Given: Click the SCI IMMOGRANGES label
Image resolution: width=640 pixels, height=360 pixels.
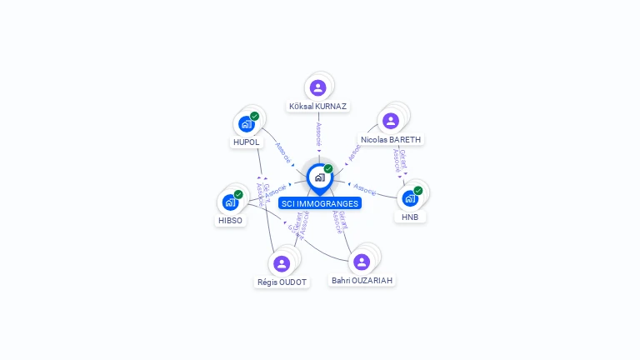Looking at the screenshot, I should coord(320,203).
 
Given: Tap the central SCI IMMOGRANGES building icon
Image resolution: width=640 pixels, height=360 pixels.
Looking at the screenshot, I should coord(319,177).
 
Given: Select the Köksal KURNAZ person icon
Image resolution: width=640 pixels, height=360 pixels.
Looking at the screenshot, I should coord(317,87).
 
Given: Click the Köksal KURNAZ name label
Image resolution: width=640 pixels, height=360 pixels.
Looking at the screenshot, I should coord(317,107).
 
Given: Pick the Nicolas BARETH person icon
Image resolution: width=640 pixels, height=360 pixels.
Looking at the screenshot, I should coord(391,121).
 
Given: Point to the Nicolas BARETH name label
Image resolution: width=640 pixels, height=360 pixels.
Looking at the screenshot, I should coord(392,140).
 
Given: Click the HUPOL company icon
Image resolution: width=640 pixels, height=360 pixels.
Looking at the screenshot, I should coord(246,124).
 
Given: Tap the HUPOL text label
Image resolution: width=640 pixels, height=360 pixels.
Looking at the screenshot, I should coord(246,142).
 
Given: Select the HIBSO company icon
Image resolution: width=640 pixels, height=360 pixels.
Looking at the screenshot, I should coord(230,202).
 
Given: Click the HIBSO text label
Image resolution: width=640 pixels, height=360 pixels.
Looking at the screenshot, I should coord(230,221).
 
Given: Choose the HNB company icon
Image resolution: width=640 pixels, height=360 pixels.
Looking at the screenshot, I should coord(410,198).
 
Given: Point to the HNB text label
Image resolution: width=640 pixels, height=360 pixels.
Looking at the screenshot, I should coord(410,217).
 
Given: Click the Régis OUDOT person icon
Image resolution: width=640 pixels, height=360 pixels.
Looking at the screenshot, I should coord(282,263).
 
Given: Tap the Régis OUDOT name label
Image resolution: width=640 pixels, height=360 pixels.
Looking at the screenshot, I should coord(282,282).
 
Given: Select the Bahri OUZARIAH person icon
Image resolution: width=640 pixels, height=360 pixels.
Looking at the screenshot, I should coord(362,262).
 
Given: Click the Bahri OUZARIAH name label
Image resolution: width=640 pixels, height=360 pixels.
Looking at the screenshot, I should coord(362,281).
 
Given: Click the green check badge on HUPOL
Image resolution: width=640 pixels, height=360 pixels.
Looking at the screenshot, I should coord(254,117).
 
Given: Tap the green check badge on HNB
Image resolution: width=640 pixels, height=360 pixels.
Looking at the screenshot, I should coord(418,191).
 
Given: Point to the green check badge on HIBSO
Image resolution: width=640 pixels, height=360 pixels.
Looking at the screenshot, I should coord(238,195).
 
